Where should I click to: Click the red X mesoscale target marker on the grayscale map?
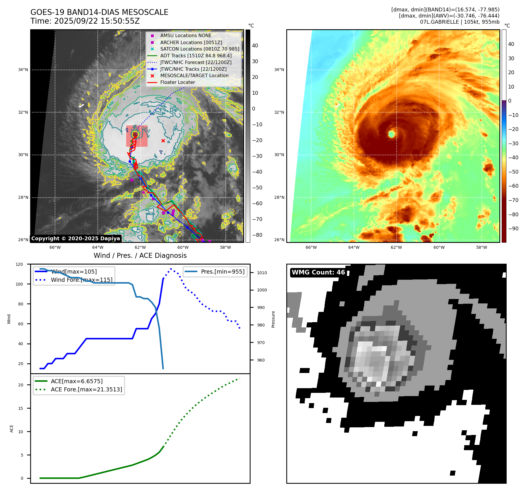pos(163,141)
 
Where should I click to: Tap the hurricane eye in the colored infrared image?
pos(392,134)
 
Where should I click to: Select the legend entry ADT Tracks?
pos(196,56)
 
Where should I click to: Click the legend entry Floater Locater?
pos(177,82)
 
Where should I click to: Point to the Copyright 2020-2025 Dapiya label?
pos(76,239)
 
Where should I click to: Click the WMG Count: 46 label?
pos(318,272)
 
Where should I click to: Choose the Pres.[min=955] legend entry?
pos(222,272)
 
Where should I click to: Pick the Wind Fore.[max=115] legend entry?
pos(81,280)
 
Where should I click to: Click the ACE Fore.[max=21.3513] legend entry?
pos(86,389)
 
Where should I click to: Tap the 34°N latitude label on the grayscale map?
pos(23,70)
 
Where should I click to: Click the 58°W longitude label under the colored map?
pos(482,247)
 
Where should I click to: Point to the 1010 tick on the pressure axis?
pos(262,273)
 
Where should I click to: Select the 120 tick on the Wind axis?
pos(19,264)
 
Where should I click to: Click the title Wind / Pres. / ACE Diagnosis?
pos(140,255)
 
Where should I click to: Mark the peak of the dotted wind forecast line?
pos(171,269)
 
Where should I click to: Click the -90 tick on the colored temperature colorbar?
pos(513,229)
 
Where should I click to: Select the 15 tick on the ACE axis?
pos(20,408)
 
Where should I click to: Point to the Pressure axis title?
pos(273,319)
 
